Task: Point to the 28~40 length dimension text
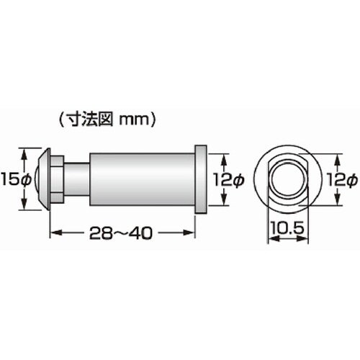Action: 123,233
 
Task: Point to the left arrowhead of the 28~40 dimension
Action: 53,233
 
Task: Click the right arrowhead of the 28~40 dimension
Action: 192,233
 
